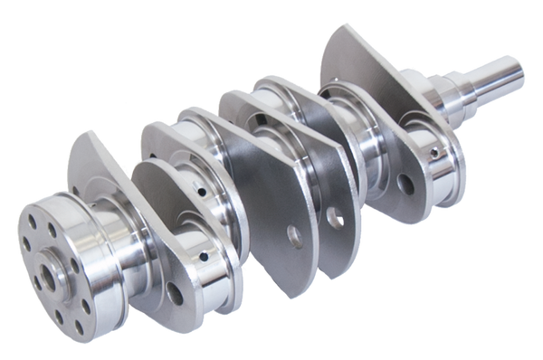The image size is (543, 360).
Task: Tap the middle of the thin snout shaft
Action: click(x=493, y=81)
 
